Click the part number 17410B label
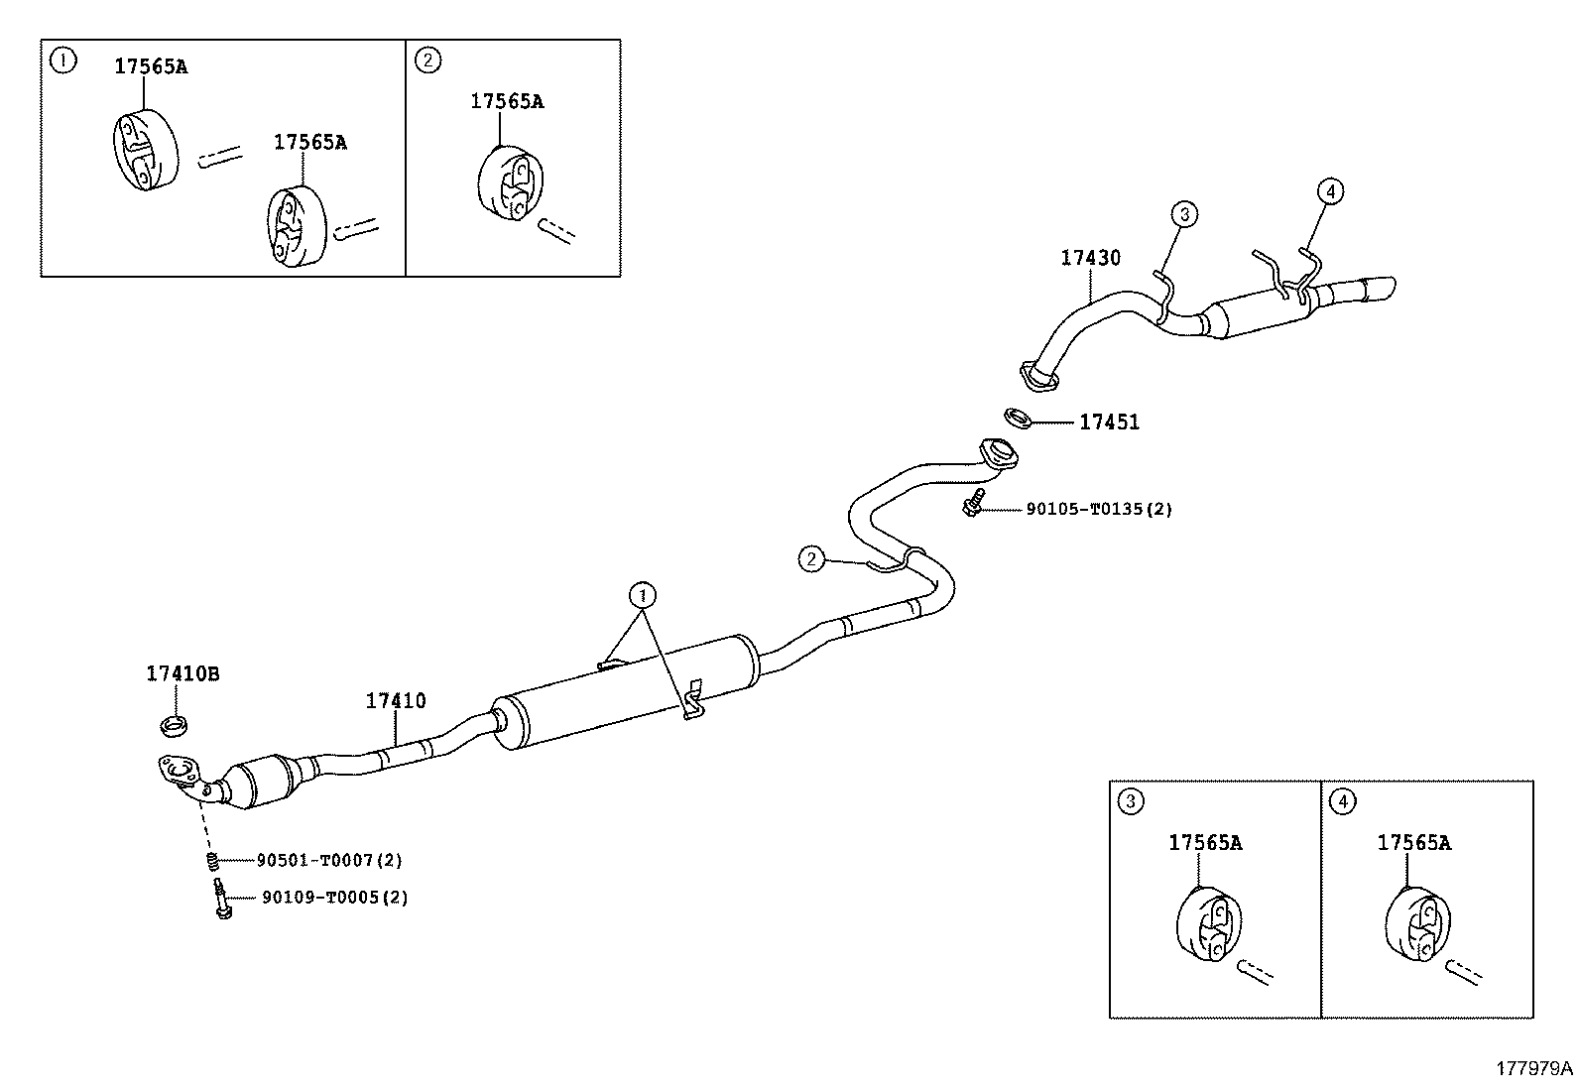(182, 674)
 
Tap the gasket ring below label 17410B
(176, 726)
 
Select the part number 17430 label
(1090, 258)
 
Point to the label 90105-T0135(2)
(1098, 510)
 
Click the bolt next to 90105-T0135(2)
(972, 502)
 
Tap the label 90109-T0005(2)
(334, 898)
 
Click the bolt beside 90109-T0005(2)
(220, 899)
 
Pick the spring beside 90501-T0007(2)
(211, 860)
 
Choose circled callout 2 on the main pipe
(811, 559)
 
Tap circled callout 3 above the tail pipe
(1183, 212)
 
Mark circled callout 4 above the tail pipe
(1330, 190)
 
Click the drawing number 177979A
(1533, 1068)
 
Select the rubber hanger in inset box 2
(509, 185)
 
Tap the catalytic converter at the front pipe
(263, 783)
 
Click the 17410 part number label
(396, 701)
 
